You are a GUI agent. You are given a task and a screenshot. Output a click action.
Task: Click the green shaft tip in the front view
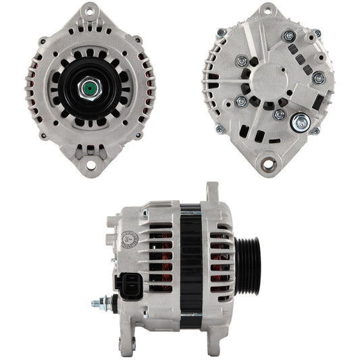pyautogui.click(x=89, y=88)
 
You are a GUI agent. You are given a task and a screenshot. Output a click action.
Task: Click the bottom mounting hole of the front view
pyautogui.click(x=89, y=163)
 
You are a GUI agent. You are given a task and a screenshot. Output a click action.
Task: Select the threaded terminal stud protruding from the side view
pyautogui.click(x=101, y=302)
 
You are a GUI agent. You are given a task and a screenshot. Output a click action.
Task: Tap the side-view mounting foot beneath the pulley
pyautogui.click(x=223, y=331)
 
